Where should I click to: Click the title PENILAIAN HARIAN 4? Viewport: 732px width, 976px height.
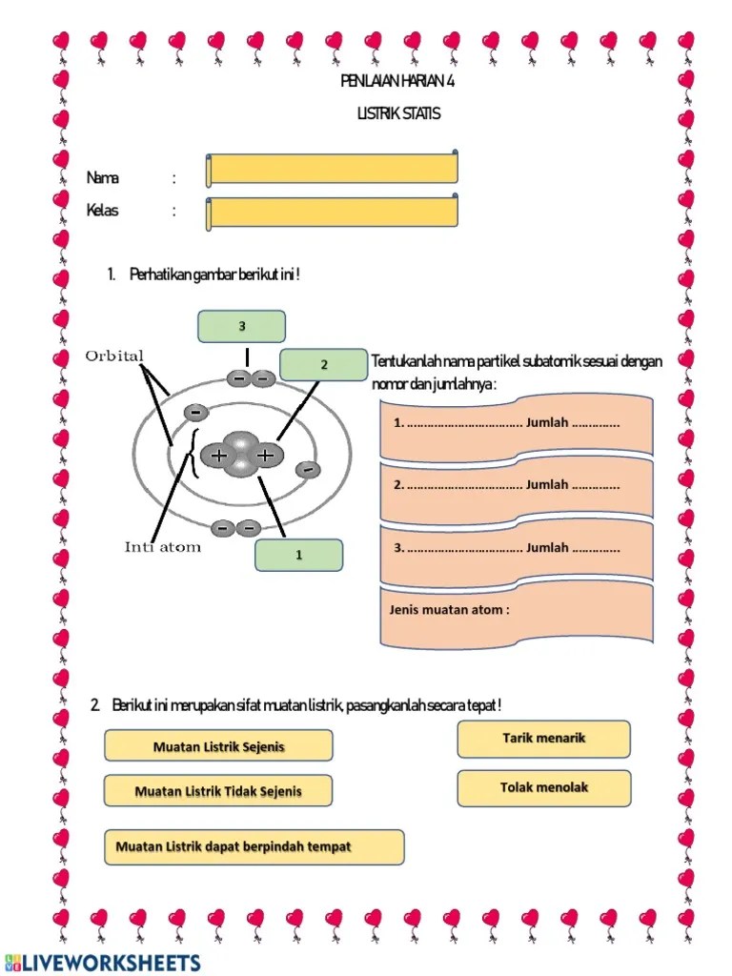point(397,81)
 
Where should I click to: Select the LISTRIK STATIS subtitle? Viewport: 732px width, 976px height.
point(398,113)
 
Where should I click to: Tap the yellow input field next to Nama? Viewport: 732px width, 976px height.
point(333,169)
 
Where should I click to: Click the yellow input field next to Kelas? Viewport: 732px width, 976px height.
point(333,213)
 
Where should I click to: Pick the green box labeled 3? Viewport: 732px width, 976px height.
point(242,326)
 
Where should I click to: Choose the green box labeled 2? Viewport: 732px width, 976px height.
point(323,364)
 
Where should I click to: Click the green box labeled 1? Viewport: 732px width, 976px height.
point(298,555)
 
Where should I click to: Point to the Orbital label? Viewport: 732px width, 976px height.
point(114,356)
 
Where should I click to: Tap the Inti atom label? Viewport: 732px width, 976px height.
point(163,547)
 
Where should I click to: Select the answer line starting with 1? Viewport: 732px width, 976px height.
point(507,423)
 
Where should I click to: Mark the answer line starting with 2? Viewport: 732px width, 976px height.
point(507,485)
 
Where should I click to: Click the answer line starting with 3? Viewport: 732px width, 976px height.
point(507,548)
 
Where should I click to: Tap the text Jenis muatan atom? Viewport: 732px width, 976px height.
point(449,610)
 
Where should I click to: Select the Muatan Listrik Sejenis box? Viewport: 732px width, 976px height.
point(218,746)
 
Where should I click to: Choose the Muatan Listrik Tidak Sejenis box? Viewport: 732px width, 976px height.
point(218,791)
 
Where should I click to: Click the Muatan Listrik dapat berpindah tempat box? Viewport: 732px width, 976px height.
point(254,846)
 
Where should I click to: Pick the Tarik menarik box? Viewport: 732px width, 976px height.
point(543,739)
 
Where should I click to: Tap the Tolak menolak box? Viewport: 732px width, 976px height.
point(543,788)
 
